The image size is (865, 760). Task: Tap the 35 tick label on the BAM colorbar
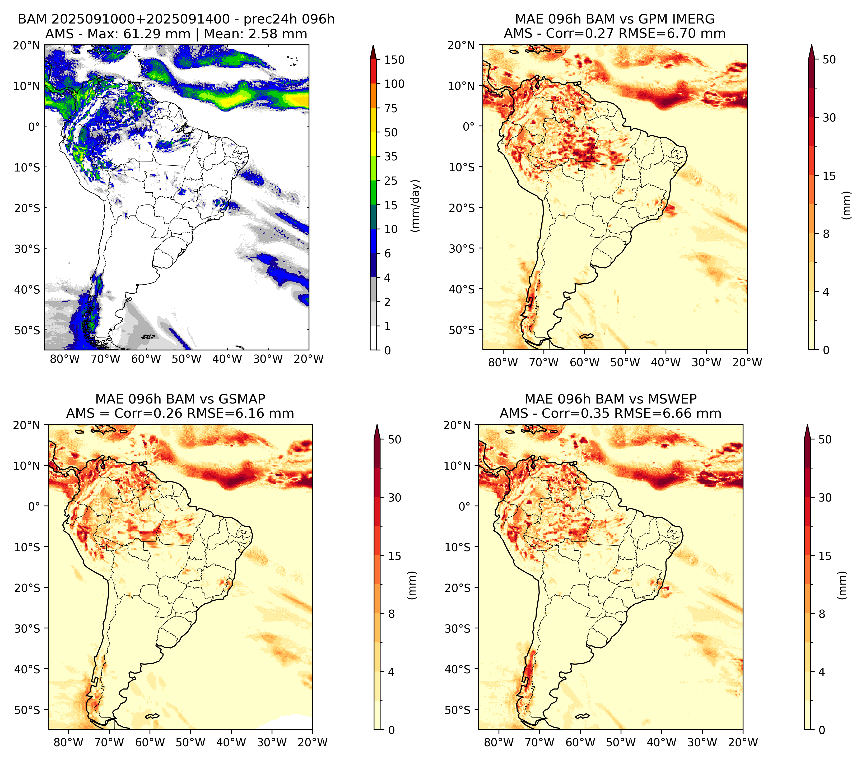pyautogui.click(x=390, y=156)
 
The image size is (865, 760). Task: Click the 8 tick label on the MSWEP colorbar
pyautogui.click(x=822, y=614)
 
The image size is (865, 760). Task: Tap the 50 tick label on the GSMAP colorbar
pyautogui.click(x=394, y=440)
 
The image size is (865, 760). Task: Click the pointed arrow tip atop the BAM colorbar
pyautogui.click(x=373, y=45)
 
